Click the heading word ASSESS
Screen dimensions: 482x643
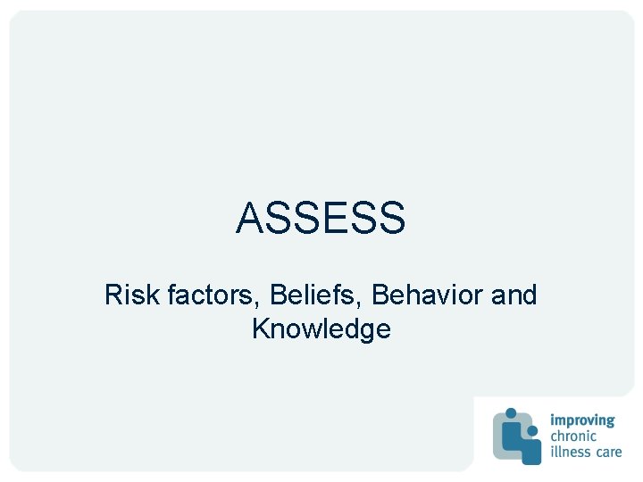(321, 218)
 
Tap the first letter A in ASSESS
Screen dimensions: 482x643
(248, 218)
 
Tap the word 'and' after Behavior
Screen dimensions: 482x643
(514, 295)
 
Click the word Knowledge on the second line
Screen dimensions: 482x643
(321, 329)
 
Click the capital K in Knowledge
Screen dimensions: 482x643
(261, 328)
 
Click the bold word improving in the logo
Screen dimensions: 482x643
(582, 420)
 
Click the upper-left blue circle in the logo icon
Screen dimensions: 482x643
(512, 413)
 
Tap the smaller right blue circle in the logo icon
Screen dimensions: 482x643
(533, 430)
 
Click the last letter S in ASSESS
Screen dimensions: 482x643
(392, 218)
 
